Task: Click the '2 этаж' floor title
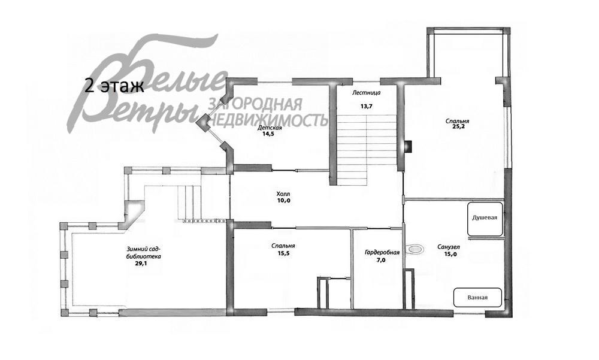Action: tap(114, 87)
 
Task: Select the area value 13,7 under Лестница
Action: tap(366, 107)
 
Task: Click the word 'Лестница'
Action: tap(367, 92)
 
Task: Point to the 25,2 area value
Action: tap(457, 127)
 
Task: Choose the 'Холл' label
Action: tap(283, 193)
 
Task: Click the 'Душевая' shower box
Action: tap(485, 219)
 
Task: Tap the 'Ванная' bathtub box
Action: tap(477, 297)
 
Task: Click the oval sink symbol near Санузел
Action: tap(415, 249)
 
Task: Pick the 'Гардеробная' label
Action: tap(382, 253)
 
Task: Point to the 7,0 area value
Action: tap(381, 260)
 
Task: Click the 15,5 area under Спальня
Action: tap(283, 253)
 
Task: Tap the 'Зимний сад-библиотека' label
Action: tap(143, 253)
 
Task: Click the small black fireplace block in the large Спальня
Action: tap(409, 146)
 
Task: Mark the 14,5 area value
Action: tap(268, 134)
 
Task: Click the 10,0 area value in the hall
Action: tap(284, 200)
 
